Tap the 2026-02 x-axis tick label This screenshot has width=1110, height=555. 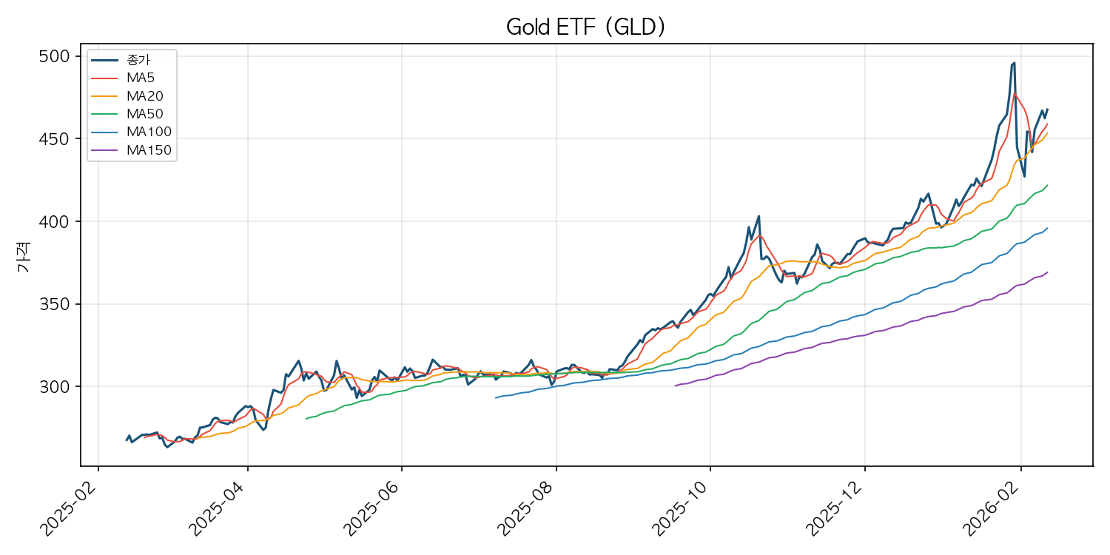tap(991, 507)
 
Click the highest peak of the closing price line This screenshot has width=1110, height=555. tap(1014, 63)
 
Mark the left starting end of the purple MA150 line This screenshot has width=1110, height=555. tap(676, 386)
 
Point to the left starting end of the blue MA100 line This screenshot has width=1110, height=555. tap(496, 397)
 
